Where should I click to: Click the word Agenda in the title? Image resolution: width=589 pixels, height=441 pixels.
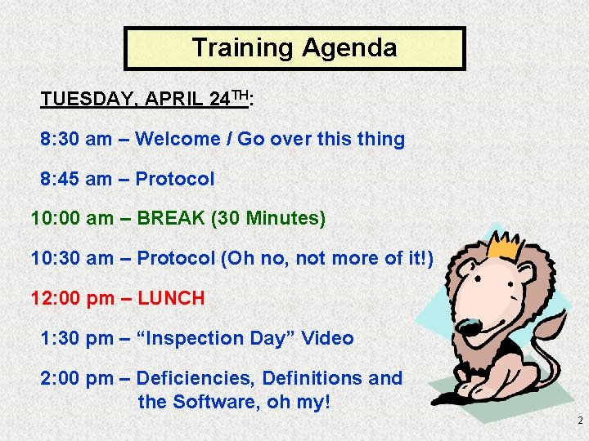[x=349, y=47]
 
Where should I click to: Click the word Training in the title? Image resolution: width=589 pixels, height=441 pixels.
[x=242, y=47]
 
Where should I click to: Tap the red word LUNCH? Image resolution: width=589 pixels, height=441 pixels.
[x=171, y=299]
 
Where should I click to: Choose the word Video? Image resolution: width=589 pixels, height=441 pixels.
[x=327, y=338]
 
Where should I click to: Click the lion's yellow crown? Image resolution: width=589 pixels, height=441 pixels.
[x=505, y=243]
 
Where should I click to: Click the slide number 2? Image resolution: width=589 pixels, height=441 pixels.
[x=579, y=421]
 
